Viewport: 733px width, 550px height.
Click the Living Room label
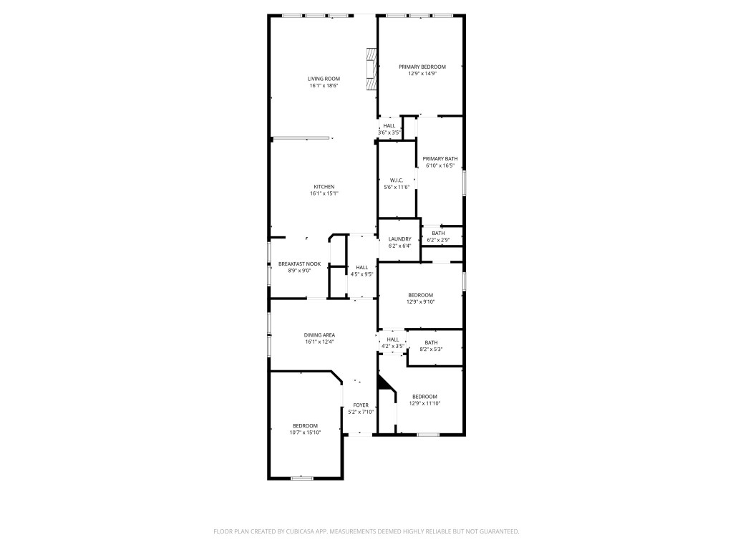tap(324, 79)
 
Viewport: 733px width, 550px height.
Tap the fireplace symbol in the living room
tap(371, 69)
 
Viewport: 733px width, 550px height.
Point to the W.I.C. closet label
tap(397, 180)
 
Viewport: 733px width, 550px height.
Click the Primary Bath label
tap(440, 159)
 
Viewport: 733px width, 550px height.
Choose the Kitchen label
tap(324, 187)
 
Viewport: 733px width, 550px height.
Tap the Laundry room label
tap(399, 239)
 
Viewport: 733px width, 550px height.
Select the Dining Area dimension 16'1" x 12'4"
tap(319, 342)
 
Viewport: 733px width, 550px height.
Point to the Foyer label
tap(360, 405)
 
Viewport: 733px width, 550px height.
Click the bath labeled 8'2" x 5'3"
tap(431, 342)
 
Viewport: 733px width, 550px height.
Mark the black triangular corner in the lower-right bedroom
tap(385, 382)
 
